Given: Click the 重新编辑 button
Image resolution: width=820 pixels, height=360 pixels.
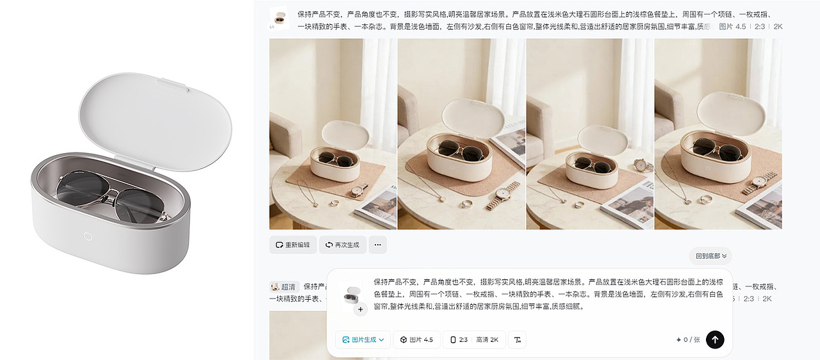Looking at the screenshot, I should coord(293,245).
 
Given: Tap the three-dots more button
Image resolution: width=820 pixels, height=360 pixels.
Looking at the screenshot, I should coord(377,245).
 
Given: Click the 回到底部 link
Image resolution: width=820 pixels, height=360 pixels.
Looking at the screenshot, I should coord(711,256).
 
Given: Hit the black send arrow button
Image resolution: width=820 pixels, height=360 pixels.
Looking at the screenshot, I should coord(715,340).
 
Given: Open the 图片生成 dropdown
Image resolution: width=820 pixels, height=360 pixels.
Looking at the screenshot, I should coord(363,340).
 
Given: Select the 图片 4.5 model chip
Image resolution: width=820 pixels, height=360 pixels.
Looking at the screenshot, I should coord(416,340).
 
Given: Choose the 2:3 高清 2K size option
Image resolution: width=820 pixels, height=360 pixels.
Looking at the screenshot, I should coord(474,340).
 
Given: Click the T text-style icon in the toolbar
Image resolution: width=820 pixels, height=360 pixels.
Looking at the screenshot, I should coord(517,340).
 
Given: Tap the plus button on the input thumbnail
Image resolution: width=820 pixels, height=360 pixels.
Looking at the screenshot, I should coord(360,309).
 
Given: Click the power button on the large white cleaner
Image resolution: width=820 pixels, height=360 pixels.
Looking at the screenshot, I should coord(88,236).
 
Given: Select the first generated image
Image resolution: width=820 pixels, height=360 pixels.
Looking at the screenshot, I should coord(333,134).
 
